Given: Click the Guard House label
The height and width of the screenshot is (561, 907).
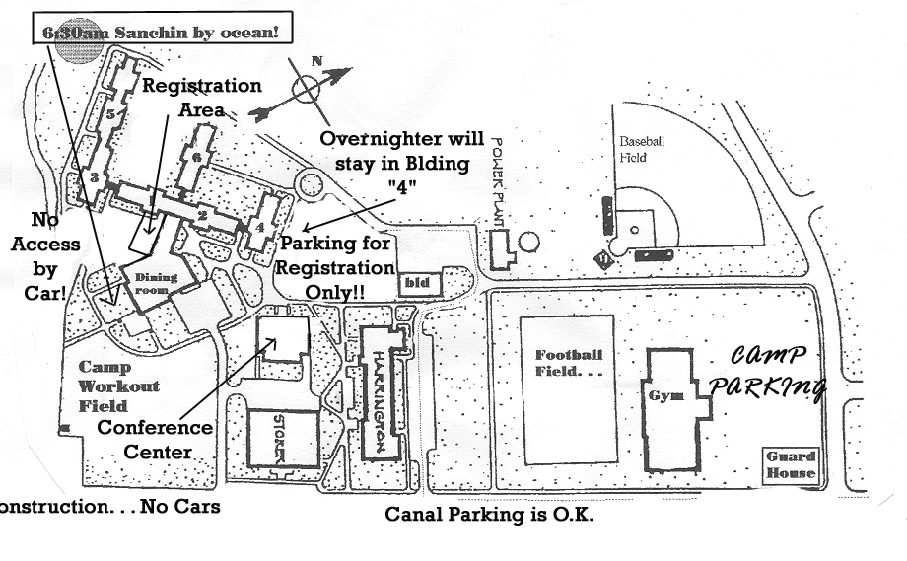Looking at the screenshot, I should (x=791, y=465).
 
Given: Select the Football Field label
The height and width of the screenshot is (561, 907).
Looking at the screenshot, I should (x=567, y=363).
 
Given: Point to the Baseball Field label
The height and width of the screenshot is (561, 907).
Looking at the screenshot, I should (x=642, y=149).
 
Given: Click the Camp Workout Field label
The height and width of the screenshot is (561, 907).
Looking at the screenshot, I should (x=119, y=386).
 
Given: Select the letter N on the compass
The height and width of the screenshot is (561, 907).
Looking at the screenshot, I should (x=316, y=62).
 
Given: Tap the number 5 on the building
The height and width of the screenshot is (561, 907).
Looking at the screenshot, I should (x=112, y=114).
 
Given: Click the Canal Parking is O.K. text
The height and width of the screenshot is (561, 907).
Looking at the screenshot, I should (x=489, y=515).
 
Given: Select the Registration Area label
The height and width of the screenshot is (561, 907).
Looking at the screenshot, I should (x=201, y=97).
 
